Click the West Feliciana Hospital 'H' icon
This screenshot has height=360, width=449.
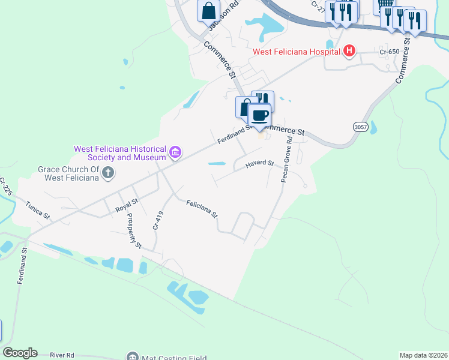click(349, 52)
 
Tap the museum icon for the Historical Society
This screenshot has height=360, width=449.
click(175, 153)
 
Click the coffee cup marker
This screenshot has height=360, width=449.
click(259, 115)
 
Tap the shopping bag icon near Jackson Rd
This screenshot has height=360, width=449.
click(208, 10)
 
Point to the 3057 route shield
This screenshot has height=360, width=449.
click(360, 127)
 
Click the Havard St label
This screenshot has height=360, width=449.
click(259, 163)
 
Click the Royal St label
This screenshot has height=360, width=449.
click(127, 206)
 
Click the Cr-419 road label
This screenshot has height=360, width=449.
click(158, 221)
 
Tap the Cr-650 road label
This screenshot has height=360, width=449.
click(390, 52)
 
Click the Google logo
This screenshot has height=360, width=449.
click(20, 353)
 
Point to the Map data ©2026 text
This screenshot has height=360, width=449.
click(423, 355)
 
